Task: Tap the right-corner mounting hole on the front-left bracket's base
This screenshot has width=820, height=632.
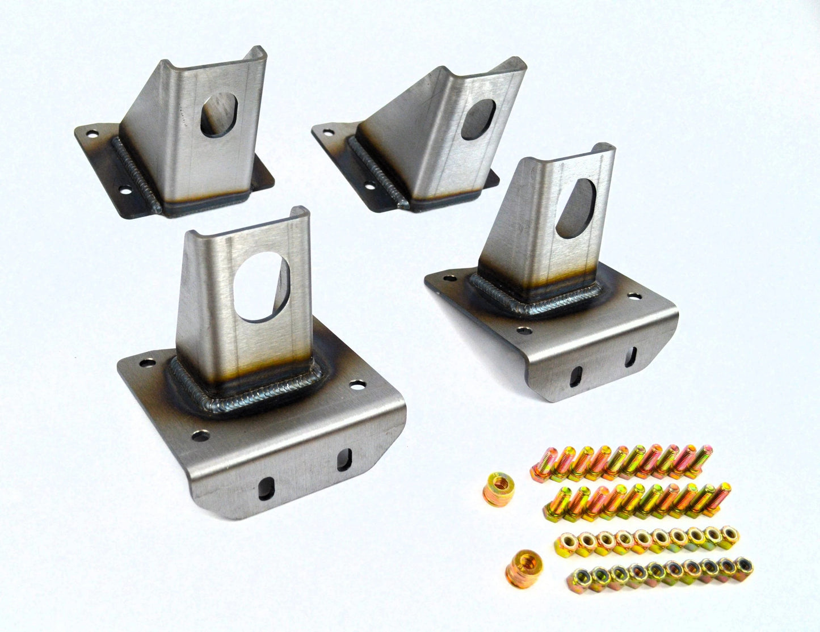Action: (x=357, y=385)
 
